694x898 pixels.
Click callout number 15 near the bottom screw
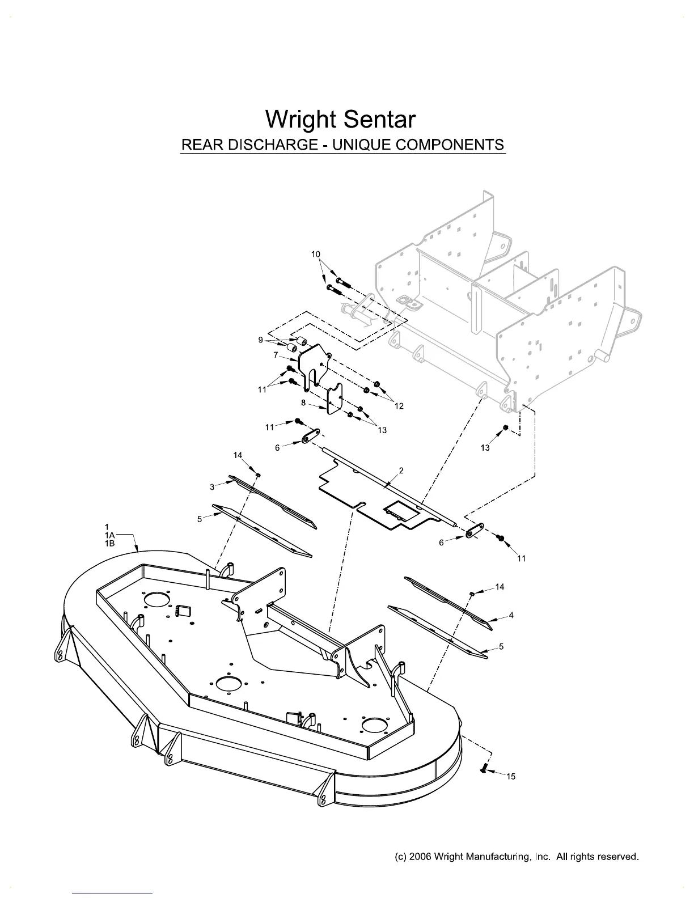511,777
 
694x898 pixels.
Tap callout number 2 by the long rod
401,471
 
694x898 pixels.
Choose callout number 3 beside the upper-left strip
212,486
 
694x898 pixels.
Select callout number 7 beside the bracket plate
276,355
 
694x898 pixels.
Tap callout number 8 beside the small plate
303,403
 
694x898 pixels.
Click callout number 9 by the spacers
260,340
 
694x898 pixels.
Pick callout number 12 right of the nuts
399,406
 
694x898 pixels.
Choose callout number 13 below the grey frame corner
485,448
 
